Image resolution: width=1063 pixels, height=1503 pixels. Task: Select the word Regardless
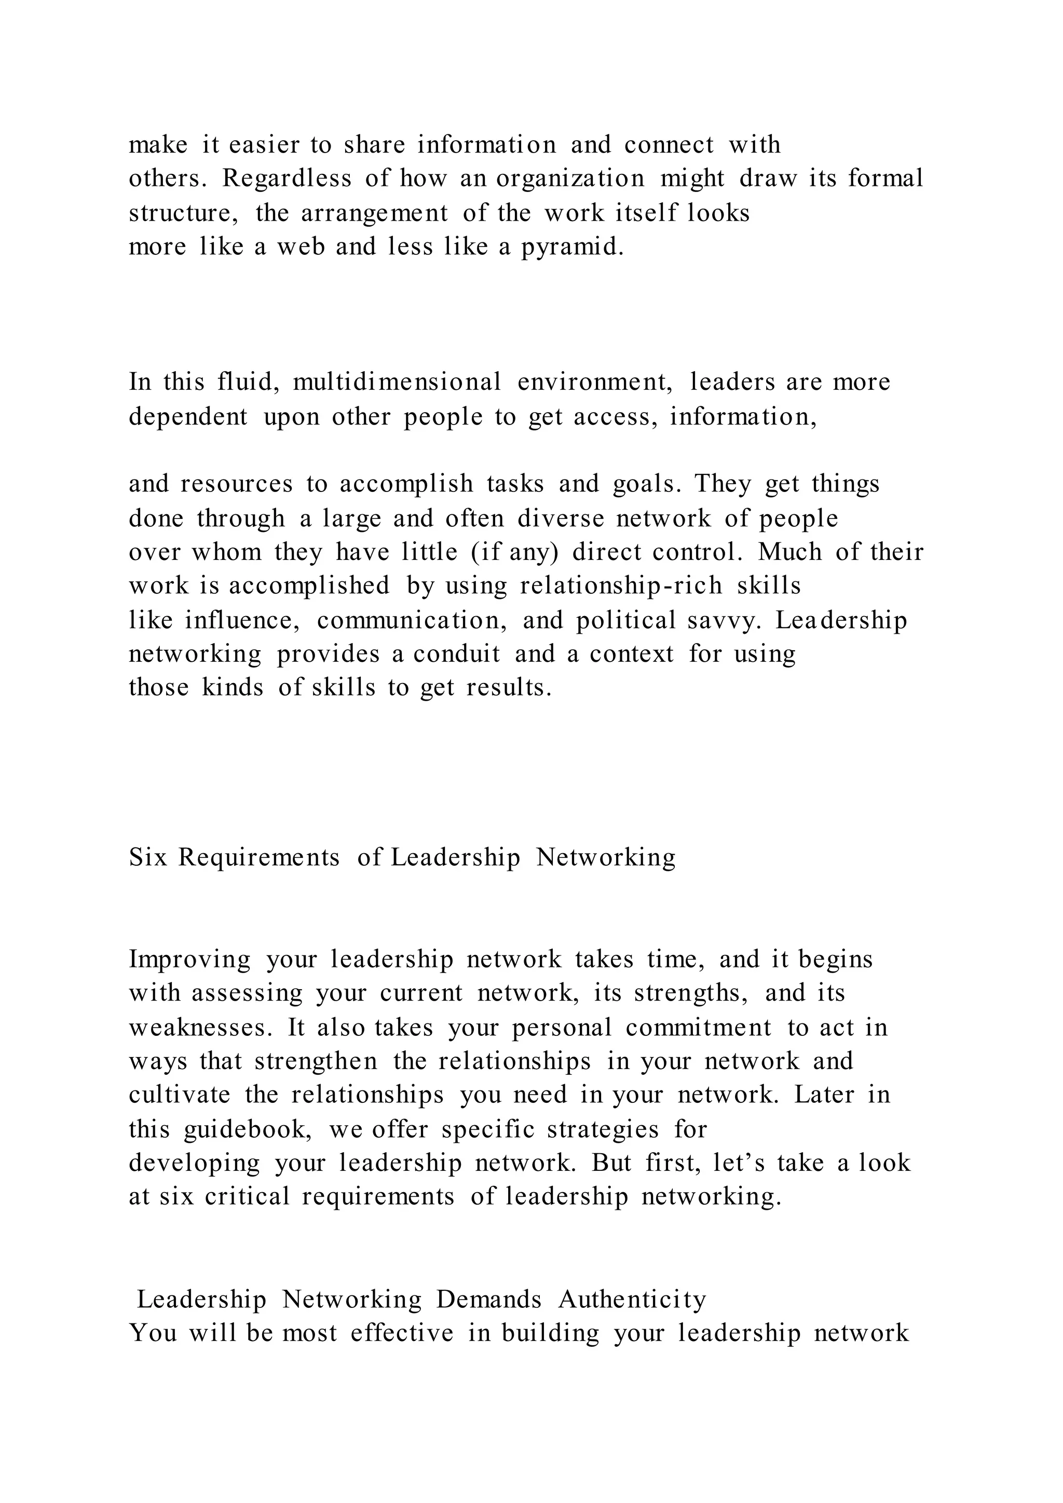point(287,178)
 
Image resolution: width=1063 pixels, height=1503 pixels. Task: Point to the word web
point(301,247)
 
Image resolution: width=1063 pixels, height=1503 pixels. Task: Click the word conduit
point(456,653)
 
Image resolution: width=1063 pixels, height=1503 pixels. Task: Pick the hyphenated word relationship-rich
point(621,585)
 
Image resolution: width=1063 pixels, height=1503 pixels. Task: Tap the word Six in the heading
point(148,857)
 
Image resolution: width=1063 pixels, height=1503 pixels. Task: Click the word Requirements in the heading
point(259,857)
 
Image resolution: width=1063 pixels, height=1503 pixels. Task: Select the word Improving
point(189,960)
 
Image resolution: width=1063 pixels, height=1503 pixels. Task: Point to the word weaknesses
point(200,1028)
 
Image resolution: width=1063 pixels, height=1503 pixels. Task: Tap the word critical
point(247,1197)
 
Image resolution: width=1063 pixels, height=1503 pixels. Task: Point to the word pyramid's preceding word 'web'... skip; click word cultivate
point(180,1095)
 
